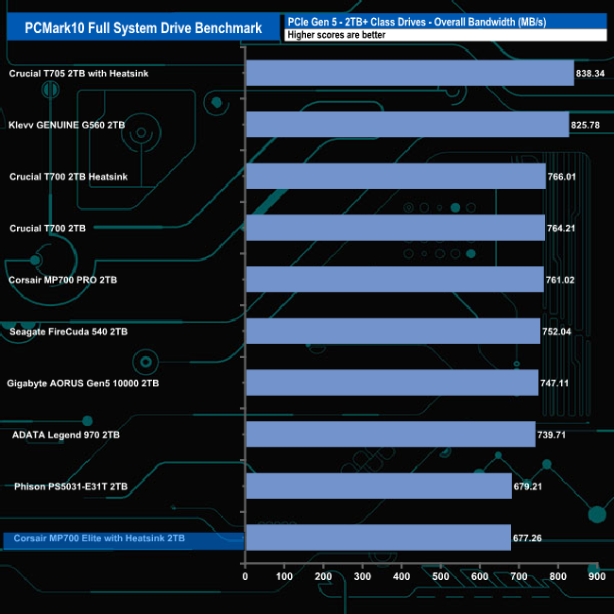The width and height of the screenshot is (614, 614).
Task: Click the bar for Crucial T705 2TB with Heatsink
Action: [409, 73]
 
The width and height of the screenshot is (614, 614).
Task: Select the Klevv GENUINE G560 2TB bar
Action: [406, 125]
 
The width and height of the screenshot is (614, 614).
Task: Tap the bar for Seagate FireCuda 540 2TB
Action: [392, 332]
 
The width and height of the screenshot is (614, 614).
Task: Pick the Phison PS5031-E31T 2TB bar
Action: [378, 486]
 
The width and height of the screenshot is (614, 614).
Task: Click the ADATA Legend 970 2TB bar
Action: [390, 435]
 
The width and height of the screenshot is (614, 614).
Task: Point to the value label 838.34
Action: [593, 73]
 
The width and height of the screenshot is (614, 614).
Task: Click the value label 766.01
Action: [565, 177]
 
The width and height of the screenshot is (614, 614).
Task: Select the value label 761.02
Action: [564, 280]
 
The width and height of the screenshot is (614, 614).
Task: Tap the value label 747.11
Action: [558, 384]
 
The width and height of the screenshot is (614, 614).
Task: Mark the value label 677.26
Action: [531, 538]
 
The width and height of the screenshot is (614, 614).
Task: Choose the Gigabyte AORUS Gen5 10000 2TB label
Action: [84, 384]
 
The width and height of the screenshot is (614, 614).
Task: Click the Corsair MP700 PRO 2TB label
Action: [62, 280]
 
